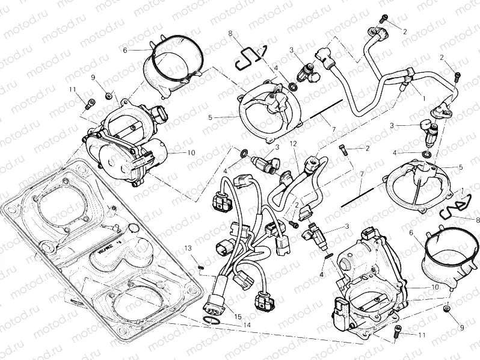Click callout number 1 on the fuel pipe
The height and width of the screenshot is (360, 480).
point(423,97)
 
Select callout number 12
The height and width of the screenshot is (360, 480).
point(293,144)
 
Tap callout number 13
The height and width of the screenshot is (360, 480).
point(188,248)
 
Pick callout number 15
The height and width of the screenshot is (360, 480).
point(238,317)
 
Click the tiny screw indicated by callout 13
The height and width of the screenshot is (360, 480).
point(201,260)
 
